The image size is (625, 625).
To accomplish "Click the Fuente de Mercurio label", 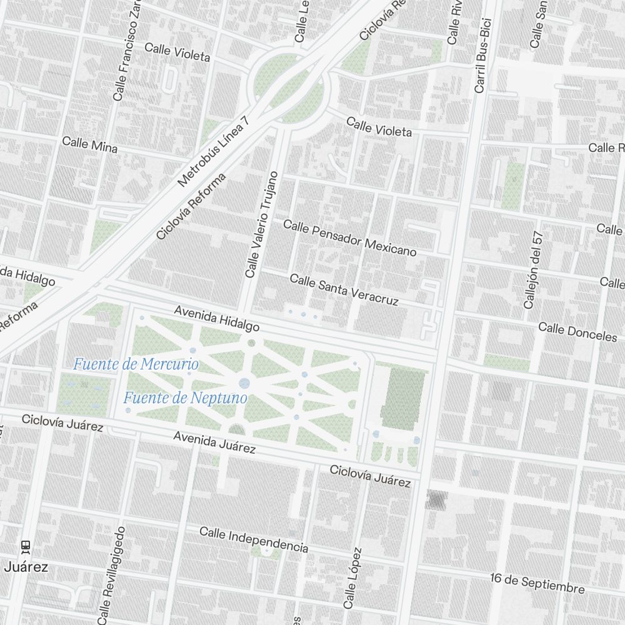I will point(136,364).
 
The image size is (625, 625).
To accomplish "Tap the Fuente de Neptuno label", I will point(185,397).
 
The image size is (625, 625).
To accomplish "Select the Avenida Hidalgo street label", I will point(216,318).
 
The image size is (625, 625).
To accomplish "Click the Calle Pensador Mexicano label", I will point(349,237).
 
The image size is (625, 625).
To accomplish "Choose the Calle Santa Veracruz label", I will point(344,290).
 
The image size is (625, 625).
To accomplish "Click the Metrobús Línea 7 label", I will point(213,151).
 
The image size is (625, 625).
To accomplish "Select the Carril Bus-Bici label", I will point(481,47).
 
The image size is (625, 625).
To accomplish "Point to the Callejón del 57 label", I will point(532,270).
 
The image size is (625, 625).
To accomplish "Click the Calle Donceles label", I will point(577,332).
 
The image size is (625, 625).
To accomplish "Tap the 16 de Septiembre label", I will point(537,583).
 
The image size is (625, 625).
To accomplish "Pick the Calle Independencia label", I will point(254,539).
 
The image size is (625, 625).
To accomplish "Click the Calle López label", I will point(352,578).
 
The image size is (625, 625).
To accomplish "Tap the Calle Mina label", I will point(89,144).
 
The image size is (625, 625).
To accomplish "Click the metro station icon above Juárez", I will point(26,546).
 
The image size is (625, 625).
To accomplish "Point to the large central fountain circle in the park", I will point(244,383).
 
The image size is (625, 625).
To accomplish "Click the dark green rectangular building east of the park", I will point(402,399).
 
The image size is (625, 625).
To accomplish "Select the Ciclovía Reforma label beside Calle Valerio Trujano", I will point(191,207).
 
